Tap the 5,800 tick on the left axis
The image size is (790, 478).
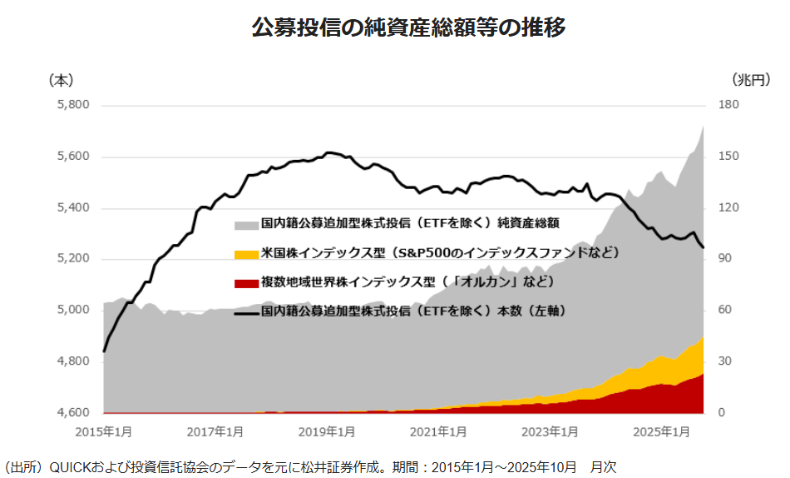(72, 106)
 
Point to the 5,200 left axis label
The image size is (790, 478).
(72, 259)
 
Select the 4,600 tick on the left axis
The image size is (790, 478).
(72, 413)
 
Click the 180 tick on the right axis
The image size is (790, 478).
(729, 106)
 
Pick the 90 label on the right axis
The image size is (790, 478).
(726, 259)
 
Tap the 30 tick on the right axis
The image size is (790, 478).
(726, 361)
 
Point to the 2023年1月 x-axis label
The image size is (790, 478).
(550, 432)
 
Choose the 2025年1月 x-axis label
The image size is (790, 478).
(661, 432)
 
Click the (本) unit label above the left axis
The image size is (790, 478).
(61, 80)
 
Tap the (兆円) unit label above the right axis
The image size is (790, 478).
(751, 80)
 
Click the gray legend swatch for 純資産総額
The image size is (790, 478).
(246, 225)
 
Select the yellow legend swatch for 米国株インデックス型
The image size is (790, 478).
(246, 254)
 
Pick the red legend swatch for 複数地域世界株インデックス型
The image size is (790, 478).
(246, 284)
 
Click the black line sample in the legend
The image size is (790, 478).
(246, 313)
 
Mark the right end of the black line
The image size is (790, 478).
(704, 247)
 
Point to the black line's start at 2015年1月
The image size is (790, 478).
(104, 351)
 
